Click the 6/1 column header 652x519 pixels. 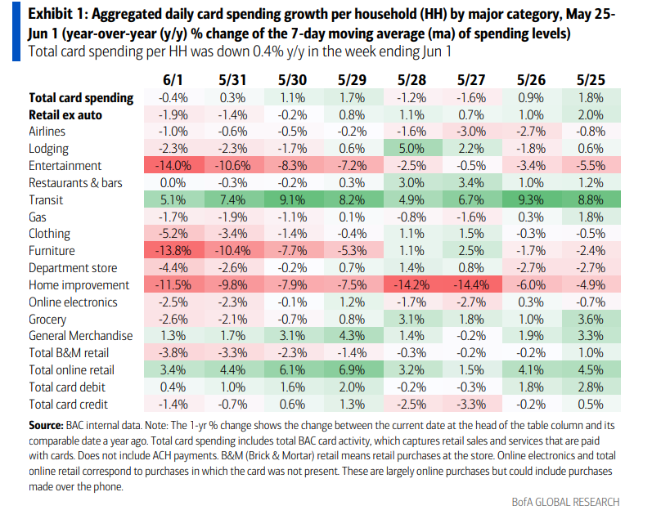[173, 80]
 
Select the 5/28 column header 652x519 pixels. [411, 80]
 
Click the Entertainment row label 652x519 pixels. [64, 166]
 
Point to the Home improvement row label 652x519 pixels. [79, 285]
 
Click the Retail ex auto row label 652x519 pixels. [66, 114]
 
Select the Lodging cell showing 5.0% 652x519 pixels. [411, 149]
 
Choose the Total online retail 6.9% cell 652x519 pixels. [352, 370]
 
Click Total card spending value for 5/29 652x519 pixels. [352, 97]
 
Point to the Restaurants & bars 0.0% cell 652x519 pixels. [173, 183]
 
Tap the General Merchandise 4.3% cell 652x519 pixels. [352, 336]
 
